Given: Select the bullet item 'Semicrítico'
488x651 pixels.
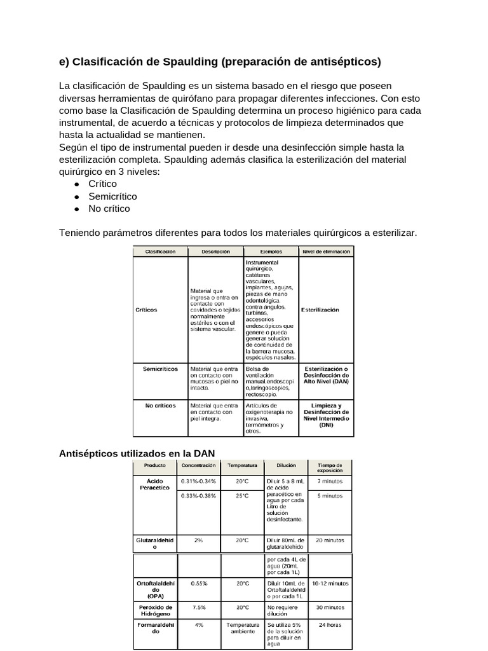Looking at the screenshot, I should pyautogui.click(x=112, y=196).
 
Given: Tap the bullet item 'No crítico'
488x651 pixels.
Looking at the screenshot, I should pyautogui.click(x=109, y=209).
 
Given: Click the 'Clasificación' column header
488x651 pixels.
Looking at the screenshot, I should pyautogui.click(x=160, y=252).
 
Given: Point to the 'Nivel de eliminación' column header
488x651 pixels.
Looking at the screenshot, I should pyautogui.click(x=327, y=252).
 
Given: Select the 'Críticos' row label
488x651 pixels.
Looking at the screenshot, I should pyautogui.click(x=147, y=310).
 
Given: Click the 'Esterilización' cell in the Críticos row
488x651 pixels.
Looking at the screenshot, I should pyautogui.click(x=327, y=310).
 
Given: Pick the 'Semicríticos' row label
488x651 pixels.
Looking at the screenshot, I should pyautogui.click(x=160, y=369).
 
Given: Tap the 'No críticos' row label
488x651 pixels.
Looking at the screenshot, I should pyautogui.click(x=160, y=405).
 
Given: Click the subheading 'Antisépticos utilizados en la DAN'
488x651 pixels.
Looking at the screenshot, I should pyautogui.click(x=137, y=453).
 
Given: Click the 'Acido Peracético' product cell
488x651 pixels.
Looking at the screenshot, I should pyautogui.click(x=155, y=484).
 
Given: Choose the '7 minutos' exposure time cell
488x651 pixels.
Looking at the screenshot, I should pyautogui.click(x=330, y=482).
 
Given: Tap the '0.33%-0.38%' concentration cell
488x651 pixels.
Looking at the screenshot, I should pyautogui.click(x=199, y=495).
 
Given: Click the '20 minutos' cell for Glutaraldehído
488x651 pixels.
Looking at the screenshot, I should pyautogui.click(x=330, y=540).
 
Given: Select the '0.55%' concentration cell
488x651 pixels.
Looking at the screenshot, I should pyautogui.click(x=199, y=582).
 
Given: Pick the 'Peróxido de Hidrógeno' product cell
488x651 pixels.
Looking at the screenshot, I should pyautogui.click(x=155, y=610).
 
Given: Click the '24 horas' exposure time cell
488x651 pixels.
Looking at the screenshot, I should pyautogui.click(x=330, y=625).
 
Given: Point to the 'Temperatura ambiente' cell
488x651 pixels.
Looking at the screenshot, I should pyautogui.click(x=242, y=628).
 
